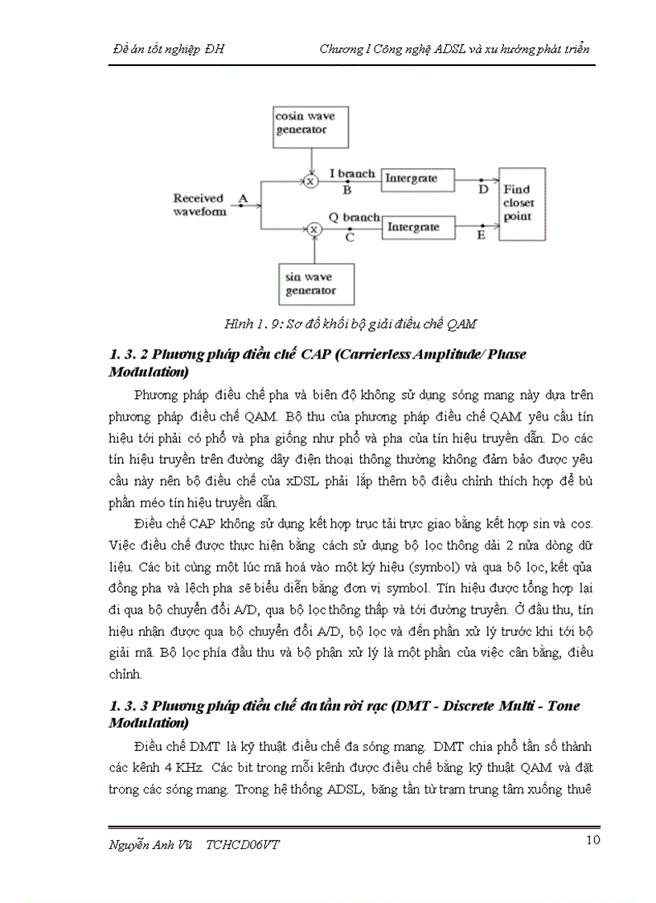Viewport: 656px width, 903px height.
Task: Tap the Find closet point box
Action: pyautogui.click(x=522, y=204)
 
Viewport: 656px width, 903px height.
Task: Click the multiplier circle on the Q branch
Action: pyautogui.click(x=314, y=230)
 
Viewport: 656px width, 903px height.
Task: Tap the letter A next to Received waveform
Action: pyautogui.click(x=244, y=196)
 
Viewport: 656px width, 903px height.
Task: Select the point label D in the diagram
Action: pyautogui.click(x=482, y=190)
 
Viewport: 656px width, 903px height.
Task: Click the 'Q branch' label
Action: pyautogui.click(x=355, y=217)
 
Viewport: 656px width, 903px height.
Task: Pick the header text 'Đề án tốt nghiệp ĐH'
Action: pyautogui.click(x=168, y=49)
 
